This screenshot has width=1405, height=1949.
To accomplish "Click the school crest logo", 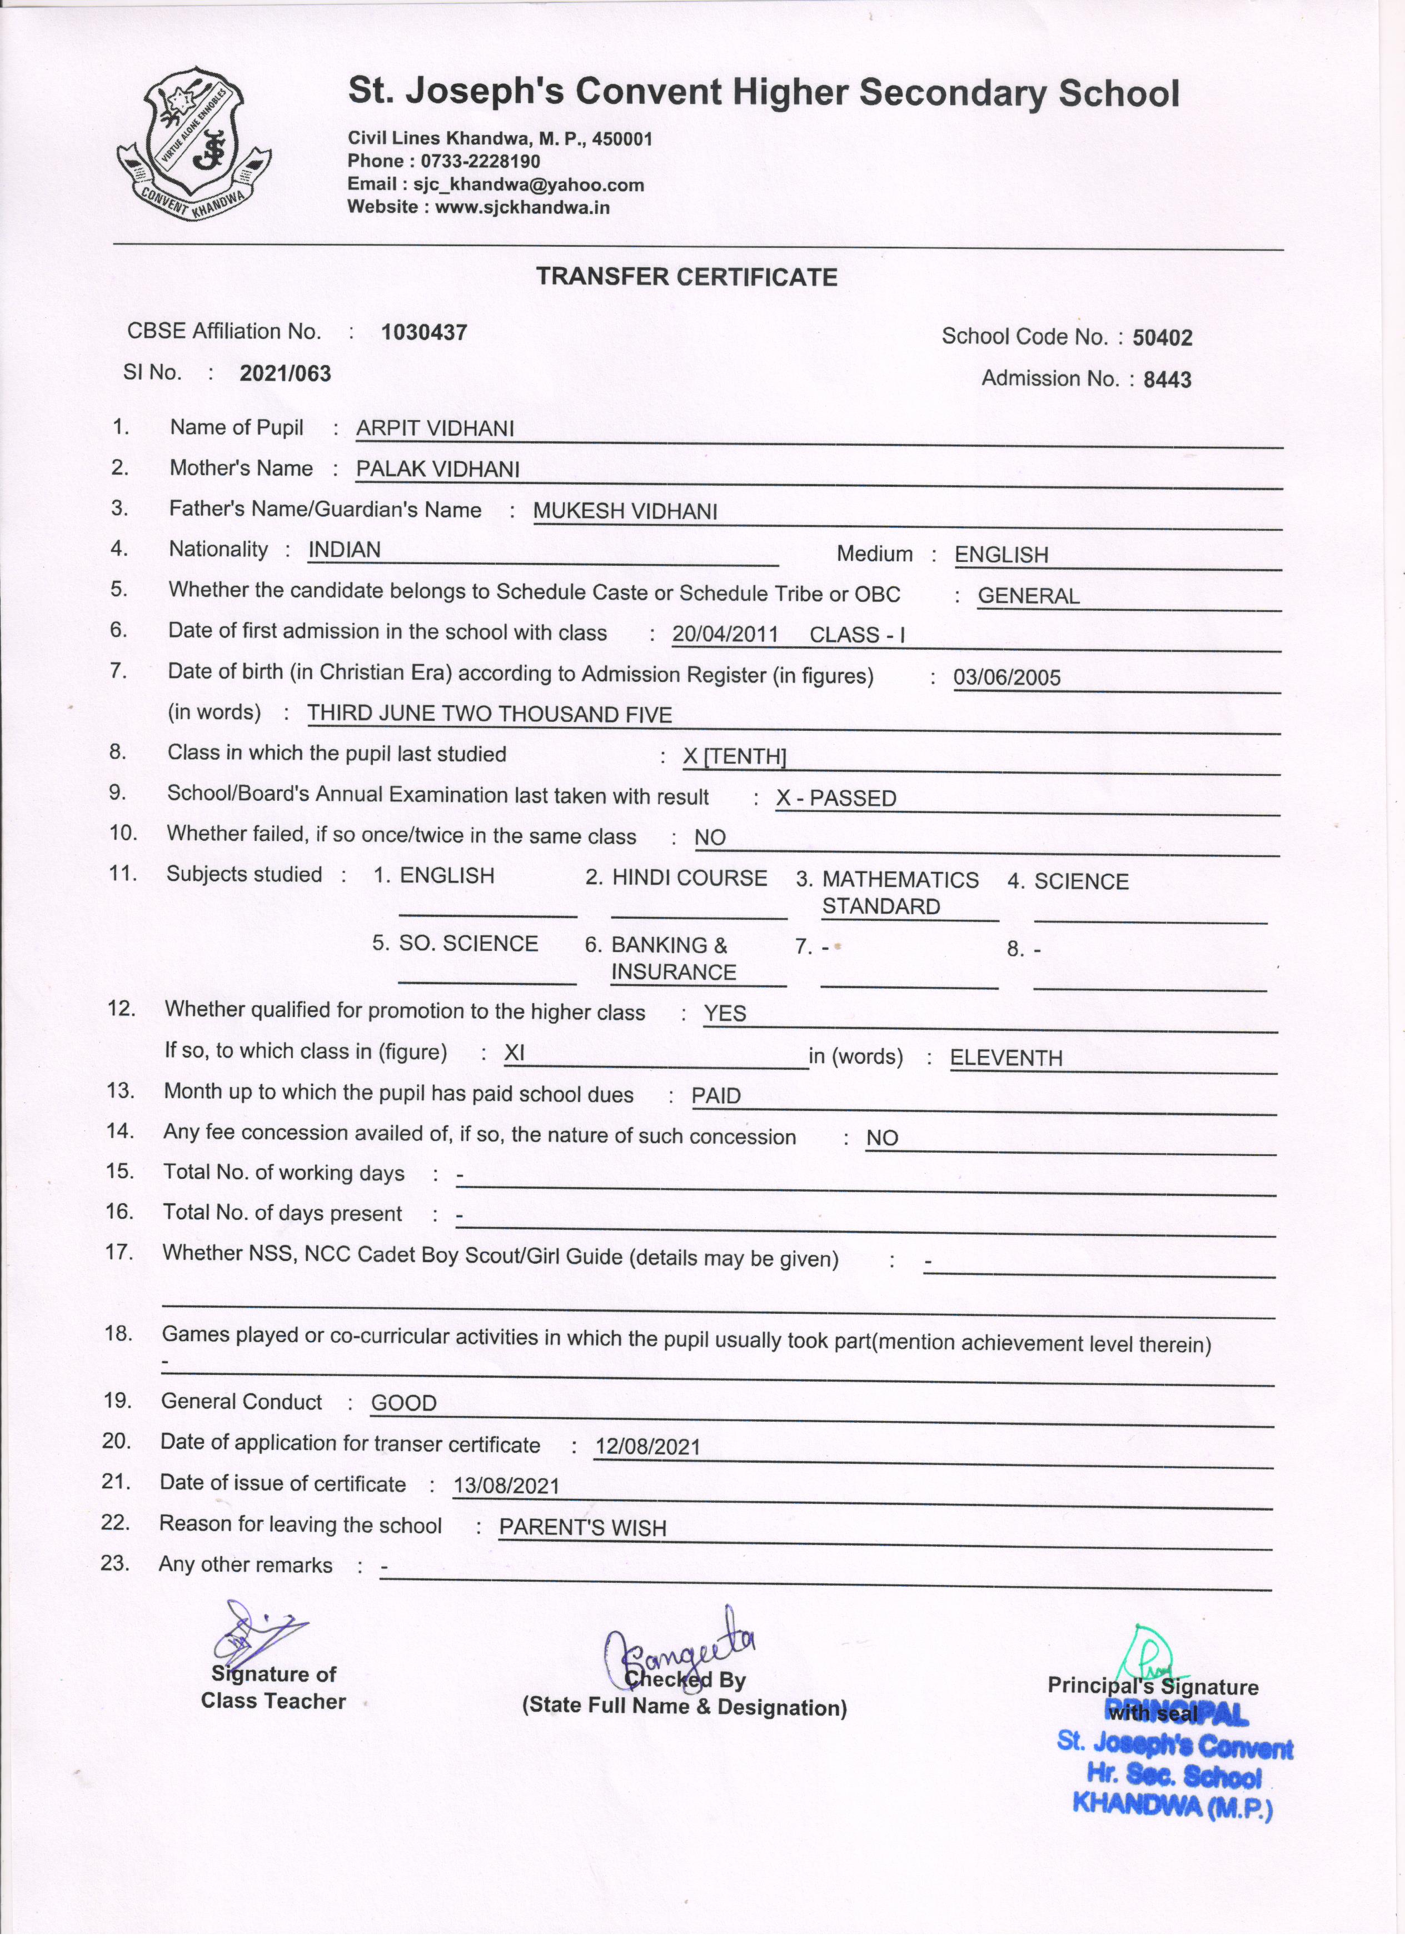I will tap(193, 143).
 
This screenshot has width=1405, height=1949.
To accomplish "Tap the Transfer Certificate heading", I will tap(686, 277).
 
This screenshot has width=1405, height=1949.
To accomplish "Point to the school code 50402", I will tap(1162, 338).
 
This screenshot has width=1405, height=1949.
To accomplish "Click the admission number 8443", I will tap(1167, 380).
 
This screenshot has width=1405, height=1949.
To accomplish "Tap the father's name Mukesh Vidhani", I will tap(625, 511).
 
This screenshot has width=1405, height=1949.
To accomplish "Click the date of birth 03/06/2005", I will tap(1007, 677).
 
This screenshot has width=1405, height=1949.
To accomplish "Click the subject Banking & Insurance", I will tap(673, 958).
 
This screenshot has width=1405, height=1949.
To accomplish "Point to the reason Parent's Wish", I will tap(582, 1528).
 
